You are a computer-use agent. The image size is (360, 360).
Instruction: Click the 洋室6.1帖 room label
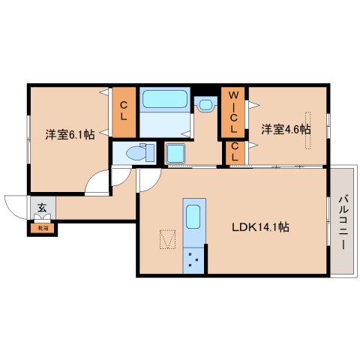point(69,135)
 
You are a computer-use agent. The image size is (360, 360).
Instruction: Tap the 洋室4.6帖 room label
point(286,129)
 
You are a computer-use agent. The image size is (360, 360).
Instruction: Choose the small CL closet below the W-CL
point(235,152)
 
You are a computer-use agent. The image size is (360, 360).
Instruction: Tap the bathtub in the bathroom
point(166,100)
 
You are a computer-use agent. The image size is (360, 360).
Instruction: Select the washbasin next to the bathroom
point(205,104)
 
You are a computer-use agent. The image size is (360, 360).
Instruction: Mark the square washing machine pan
point(178,154)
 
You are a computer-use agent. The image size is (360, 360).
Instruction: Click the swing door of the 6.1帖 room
point(97,182)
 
